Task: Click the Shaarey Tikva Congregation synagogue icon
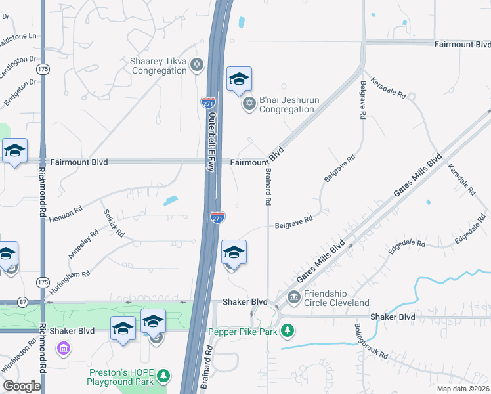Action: click(x=197, y=64)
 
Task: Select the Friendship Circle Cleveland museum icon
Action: click(x=293, y=297)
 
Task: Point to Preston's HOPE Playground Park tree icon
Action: click(x=164, y=376)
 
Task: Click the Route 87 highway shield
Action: click(x=24, y=302)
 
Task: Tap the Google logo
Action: click(x=22, y=386)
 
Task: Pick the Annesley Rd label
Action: click(x=83, y=244)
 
